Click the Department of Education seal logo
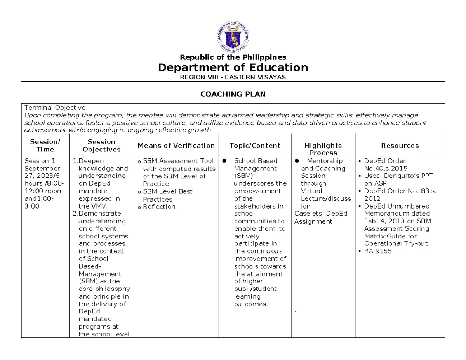233,37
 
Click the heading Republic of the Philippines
233,57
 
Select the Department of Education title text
233,68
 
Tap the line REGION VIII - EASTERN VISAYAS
233,77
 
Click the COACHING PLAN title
233,94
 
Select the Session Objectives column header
101,146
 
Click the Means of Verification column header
176,146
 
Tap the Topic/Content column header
255,146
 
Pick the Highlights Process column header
323,149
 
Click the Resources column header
400,146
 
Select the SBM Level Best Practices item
167,195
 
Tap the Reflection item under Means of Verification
159,207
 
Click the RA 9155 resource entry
378,251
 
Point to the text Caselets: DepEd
321,214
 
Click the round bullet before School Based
224,161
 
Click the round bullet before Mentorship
297,161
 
